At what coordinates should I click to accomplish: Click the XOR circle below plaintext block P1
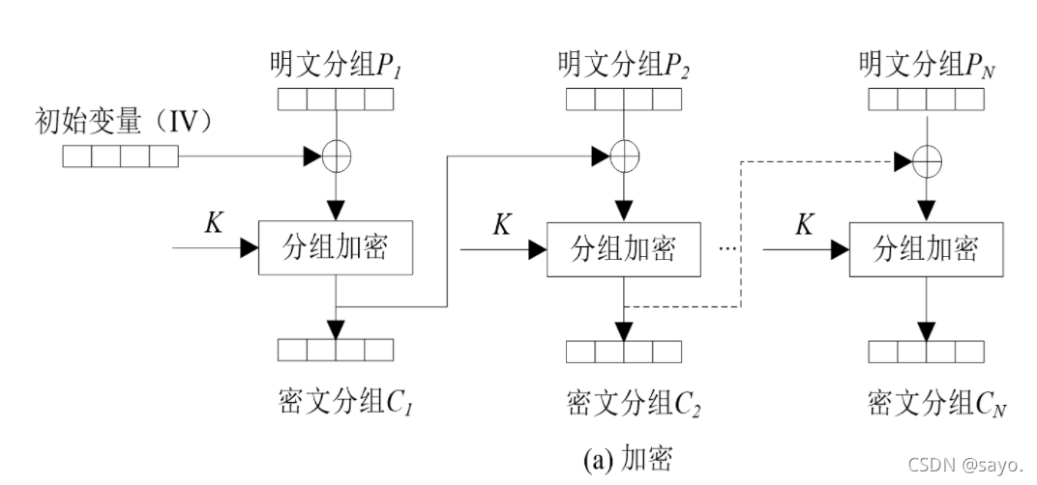tap(336, 156)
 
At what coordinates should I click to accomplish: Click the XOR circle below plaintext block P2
tap(625, 155)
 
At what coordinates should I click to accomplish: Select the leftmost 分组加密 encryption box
tap(336, 247)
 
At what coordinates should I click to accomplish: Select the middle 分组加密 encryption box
tap(624, 249)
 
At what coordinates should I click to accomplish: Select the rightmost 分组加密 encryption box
tap(926, 249)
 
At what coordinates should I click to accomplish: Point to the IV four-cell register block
tap(121, 156)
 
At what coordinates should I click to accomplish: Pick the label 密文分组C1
tap(336, 398)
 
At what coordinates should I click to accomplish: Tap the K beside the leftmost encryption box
tap(215, 223)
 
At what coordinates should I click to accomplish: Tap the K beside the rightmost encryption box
tap(805, 224)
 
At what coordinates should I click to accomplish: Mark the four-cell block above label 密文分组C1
tap(336, 350)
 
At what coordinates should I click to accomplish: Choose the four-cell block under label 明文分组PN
tap(927, 99)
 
